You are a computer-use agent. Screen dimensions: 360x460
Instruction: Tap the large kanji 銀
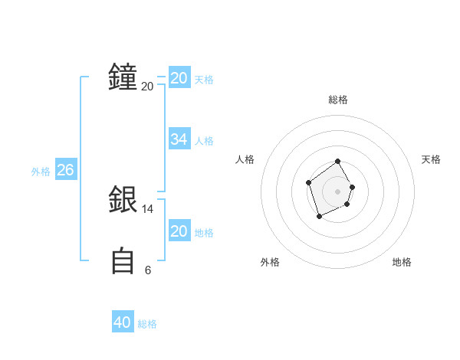click(123, 201)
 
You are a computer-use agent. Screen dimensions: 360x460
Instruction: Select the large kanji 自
click(123, 260)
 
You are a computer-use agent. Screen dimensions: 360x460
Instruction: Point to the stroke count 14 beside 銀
click(148, 208)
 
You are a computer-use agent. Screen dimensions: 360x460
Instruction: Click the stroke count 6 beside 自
click(148, 270)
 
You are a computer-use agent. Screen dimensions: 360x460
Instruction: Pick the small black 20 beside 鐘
click(148, 87)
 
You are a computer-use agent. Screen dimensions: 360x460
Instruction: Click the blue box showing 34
click(179, 139)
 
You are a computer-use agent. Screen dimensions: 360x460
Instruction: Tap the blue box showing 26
click(65, 170)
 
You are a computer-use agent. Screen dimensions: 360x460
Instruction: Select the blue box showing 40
click(123, 322)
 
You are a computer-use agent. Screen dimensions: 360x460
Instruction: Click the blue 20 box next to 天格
click(179, 78)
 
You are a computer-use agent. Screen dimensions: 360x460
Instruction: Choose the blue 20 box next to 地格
click(179, 231)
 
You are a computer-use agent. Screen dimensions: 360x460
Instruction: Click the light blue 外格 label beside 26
click(41, 172)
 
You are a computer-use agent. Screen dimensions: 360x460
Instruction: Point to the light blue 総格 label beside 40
click(147, 324)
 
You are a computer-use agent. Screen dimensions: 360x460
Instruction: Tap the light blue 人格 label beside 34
click(204, 141)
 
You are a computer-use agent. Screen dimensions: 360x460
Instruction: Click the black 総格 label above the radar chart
click(338, 100)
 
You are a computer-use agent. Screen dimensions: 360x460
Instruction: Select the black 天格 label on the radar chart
click(432, 159)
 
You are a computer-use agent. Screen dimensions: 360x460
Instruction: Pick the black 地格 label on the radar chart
click(402, 262)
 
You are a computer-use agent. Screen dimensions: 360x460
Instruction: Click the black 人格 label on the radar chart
click(245, 159)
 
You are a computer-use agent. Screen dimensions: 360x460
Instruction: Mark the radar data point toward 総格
click(338, 162)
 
